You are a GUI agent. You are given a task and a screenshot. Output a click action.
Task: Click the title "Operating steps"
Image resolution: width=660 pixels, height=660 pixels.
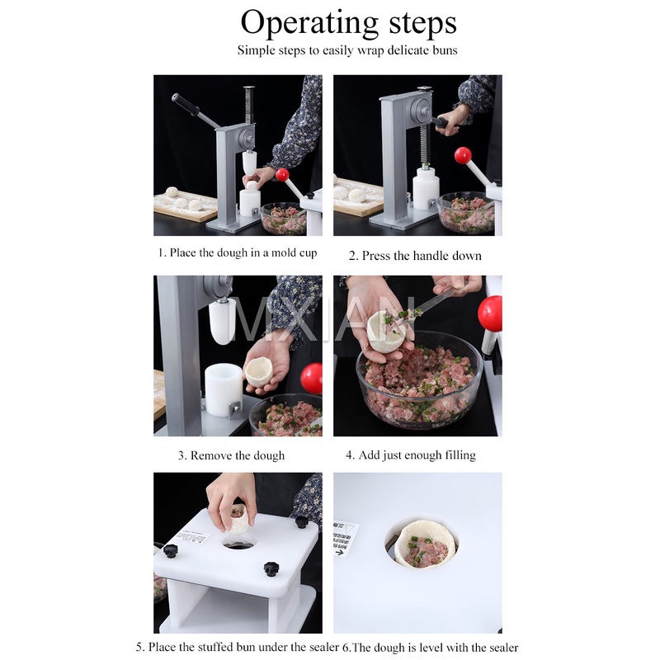348,23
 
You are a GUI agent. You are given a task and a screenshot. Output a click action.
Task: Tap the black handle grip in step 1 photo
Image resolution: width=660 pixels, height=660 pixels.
186,106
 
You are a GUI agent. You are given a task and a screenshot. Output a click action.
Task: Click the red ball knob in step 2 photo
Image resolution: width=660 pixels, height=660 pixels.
463,155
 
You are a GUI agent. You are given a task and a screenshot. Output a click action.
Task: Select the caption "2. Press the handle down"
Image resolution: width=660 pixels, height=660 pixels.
415,256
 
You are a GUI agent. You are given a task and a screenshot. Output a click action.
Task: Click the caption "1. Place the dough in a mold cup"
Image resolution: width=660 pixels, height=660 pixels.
238,253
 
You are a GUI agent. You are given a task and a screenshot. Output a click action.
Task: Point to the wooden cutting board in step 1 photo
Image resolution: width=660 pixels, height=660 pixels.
185,206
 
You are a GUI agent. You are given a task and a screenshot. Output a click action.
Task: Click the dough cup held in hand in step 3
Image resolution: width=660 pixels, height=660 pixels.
260,372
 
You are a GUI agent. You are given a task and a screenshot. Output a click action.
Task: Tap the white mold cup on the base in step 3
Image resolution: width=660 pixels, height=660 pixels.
223,389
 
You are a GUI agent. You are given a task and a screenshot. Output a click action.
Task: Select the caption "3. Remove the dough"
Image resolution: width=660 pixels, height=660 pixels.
231,455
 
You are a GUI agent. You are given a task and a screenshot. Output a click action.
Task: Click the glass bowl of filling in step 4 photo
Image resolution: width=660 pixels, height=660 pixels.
420,386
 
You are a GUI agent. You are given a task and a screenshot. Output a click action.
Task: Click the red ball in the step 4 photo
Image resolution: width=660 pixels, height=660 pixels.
489,313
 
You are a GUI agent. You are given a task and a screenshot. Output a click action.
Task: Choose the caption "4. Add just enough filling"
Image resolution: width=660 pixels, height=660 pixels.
411,455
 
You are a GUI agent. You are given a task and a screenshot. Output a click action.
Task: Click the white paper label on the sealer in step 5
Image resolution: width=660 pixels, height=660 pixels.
193,537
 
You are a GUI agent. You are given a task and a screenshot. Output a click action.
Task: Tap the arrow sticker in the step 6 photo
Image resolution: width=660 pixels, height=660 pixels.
345,539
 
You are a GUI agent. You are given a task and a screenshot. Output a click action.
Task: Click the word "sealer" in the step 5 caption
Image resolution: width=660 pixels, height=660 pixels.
324,647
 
